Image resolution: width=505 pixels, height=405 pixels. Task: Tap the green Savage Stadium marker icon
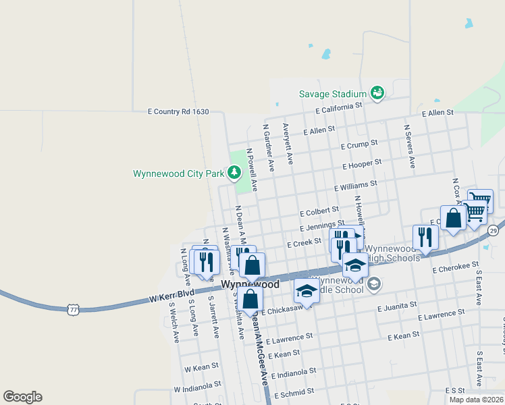[377, 93]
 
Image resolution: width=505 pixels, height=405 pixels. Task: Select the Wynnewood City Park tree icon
[234, 173]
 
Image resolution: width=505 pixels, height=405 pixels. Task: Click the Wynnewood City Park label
[178, 173]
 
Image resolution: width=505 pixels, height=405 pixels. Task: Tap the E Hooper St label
[363, 164]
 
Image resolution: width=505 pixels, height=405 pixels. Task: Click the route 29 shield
[494, 232]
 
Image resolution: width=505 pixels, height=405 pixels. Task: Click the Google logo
[22, 397]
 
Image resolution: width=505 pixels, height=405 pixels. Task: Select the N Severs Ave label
[408, 146]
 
